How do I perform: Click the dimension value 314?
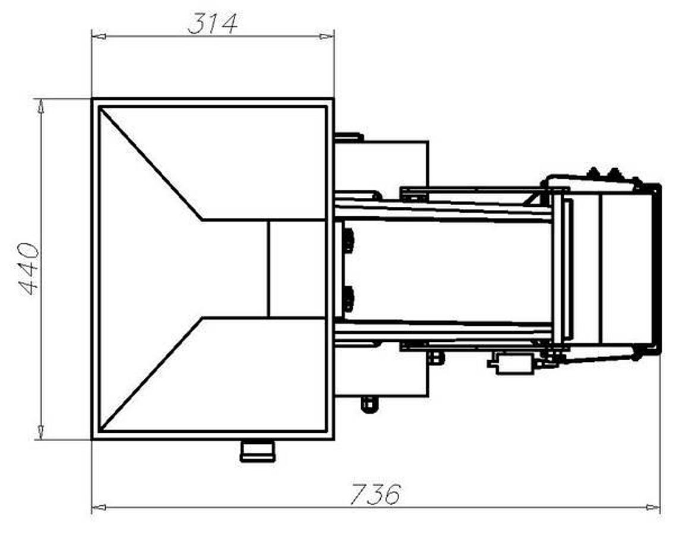(x=212, y=24)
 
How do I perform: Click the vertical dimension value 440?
(x=29, y=269)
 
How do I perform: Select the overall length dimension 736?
(x=375, y=494)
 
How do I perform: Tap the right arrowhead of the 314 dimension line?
(x=326, y=37)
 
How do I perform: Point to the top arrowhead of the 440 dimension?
(x=40, y=106)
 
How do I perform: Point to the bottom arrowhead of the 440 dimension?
(x=40, y=432)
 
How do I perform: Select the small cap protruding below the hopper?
(x=257, y=450)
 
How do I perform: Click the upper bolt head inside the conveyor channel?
(x=348, y=240)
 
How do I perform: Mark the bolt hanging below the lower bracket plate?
(x=369, y=404)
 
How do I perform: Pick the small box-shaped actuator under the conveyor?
(x=512, y=363)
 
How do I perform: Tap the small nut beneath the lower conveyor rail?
(x=435, y=357)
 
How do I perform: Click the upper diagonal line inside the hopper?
(x=151, y=164)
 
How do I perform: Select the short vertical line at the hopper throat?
(x=268, y=269)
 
